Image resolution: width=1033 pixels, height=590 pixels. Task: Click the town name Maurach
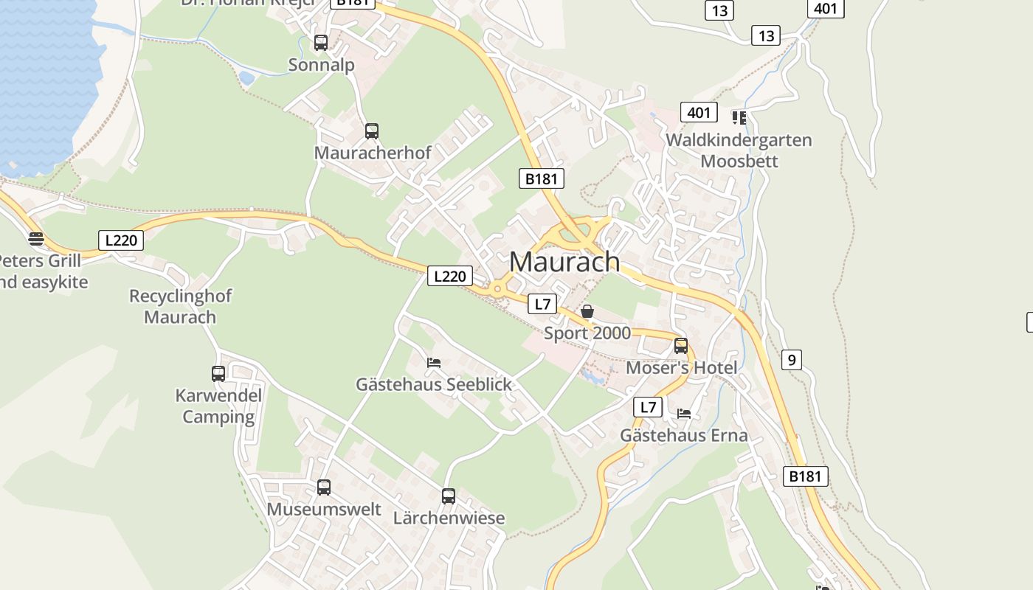[x=564, y=262]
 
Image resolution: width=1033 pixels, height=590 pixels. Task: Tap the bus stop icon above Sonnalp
[x=320, y=43]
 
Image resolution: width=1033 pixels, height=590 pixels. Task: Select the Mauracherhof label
[x=373, y=153]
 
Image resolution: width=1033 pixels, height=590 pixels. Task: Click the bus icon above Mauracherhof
[x=372, y=131]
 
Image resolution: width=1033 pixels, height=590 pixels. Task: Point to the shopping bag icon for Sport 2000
[x=587, y=311]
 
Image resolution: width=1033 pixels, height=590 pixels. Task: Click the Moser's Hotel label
[x=681, y=367]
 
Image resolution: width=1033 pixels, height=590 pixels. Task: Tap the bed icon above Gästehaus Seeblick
[x=434, y=362]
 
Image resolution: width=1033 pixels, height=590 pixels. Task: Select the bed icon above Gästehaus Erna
[x=684, y=414]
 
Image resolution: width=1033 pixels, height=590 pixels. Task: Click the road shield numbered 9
[x=791, y=360]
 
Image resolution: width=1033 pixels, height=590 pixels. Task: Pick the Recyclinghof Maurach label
[x=180, y=307]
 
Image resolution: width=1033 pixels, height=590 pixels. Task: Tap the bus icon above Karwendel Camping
[x=218, y=374]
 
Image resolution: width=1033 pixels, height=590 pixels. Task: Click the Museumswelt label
[x=324, y=509]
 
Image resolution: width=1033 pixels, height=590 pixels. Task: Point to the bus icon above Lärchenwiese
[x=449, y=496]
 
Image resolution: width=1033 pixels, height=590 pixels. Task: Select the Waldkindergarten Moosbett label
[x=739, y=150]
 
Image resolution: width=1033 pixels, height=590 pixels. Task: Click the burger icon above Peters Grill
[x=36, y=239]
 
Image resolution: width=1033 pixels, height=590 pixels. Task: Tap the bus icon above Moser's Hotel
[x=681, y=346]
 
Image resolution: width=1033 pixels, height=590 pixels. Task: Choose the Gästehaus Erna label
[x=683, y=435]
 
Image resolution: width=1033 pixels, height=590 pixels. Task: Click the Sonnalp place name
[x=321, y=65]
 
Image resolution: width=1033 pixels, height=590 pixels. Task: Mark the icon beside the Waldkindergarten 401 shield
[x=739, y=117]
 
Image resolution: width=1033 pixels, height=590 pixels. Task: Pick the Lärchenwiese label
[x=449, y=518]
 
